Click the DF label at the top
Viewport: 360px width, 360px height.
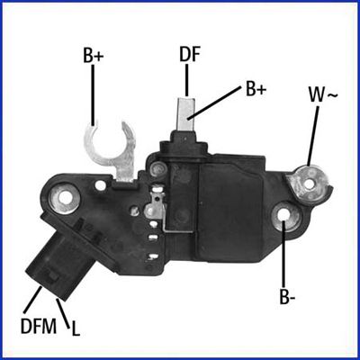click(189, 53)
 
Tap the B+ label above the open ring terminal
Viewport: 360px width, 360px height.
click(94, 56)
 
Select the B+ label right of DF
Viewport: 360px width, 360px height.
click(256, 89)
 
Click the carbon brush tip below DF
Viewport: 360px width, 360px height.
click(188, 112)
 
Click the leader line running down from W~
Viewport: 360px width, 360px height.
click(311, 135)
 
